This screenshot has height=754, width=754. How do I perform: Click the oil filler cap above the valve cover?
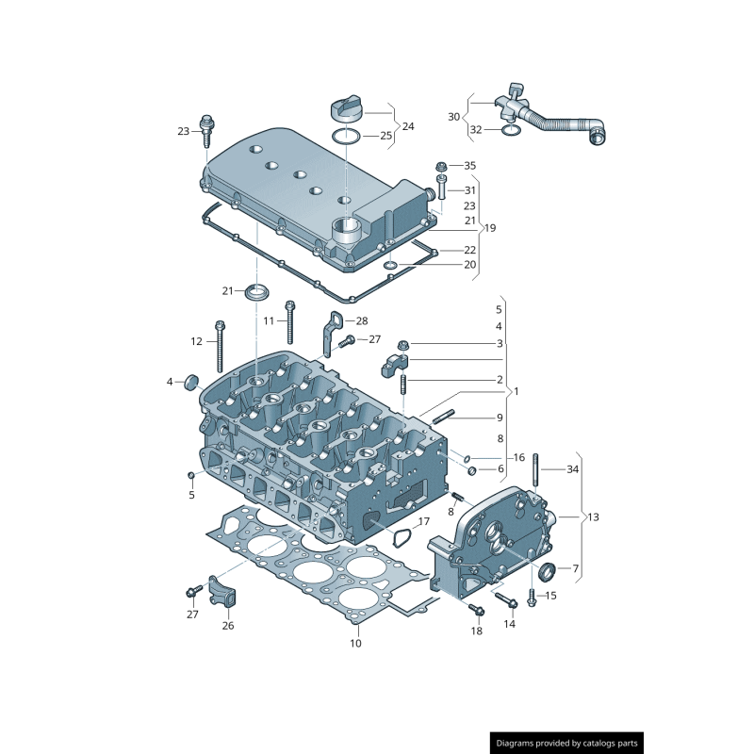346,109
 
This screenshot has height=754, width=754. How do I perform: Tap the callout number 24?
408,126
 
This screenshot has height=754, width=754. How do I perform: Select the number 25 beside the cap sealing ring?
385,137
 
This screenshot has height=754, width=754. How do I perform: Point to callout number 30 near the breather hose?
453,117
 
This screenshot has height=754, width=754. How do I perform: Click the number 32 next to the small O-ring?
476,130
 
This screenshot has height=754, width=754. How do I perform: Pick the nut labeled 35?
441,167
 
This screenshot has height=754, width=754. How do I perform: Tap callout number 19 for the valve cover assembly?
489,228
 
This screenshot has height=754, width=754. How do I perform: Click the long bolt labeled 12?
220,344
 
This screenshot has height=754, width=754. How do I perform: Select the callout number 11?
269,321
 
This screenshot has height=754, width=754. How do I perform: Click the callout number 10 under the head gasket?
355,645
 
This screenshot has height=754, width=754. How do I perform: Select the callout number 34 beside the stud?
573,468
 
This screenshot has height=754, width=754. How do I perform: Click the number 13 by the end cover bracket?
593,517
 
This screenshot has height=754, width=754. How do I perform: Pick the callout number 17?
424,521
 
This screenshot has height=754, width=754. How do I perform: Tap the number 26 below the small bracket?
228,625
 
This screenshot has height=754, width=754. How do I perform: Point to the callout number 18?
476,631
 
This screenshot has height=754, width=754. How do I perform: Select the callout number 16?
518,457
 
